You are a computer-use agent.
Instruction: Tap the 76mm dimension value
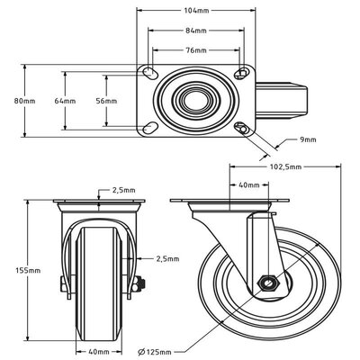pos(193,49)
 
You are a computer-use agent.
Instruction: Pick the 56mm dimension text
pos(106,101)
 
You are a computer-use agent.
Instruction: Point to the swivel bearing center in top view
pos(193,99)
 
